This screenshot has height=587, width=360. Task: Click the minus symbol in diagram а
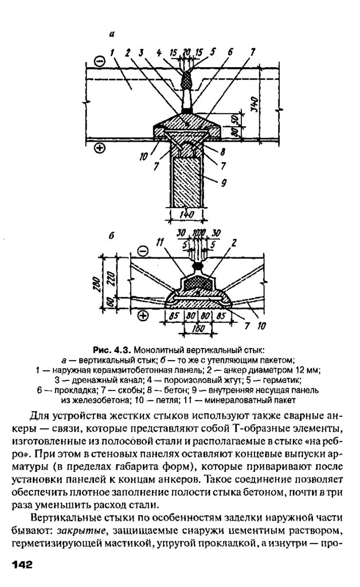tap(99, 60)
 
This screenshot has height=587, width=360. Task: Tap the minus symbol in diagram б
tap(143, 251)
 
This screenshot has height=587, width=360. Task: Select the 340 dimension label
tap(255, 105)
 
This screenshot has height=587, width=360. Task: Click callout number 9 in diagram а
tap(224, 183)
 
